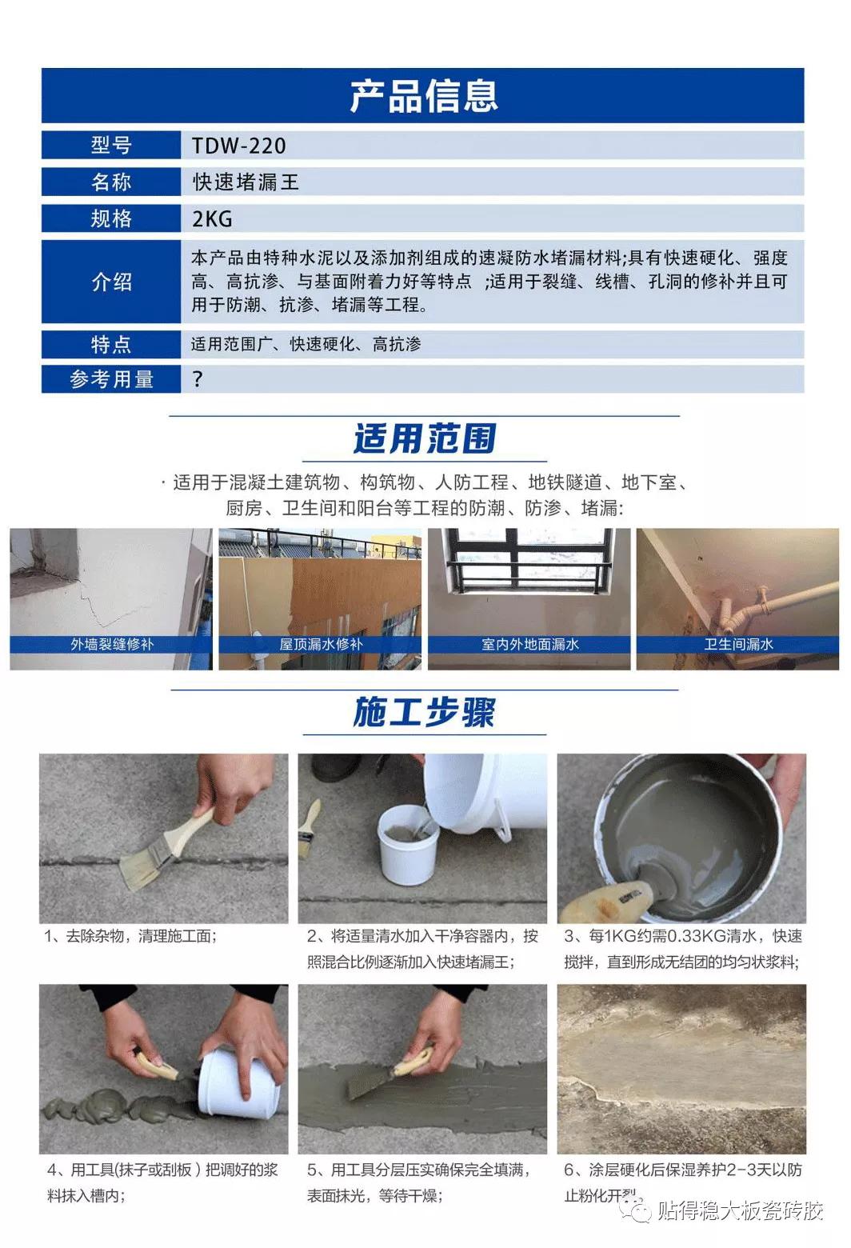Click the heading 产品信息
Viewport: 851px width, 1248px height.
423,96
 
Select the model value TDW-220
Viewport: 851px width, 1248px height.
238,146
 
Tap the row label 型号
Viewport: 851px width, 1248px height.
111,146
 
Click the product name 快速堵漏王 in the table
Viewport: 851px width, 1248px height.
246,182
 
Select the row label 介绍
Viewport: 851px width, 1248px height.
111,282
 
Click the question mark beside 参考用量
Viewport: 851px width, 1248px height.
198,379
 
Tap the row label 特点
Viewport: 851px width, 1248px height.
111,345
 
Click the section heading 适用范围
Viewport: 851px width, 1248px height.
424,438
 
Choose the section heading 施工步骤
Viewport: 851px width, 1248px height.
424,712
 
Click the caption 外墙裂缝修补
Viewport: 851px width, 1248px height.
112,644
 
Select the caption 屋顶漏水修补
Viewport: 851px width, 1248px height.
321,644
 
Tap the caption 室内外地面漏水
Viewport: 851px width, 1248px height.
529,644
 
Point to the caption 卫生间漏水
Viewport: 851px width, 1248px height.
738,644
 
